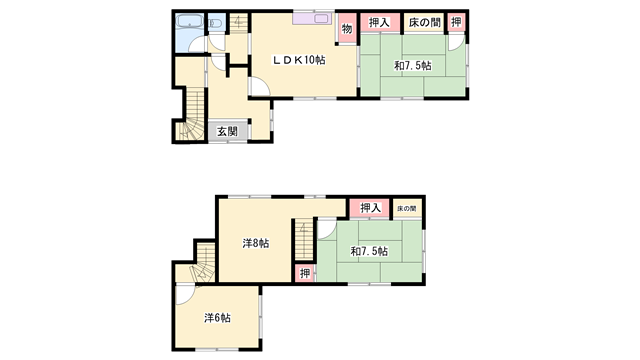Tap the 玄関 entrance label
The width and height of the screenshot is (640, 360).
(x=227, y=131)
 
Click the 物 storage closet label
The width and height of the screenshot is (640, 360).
(x=346, y=29)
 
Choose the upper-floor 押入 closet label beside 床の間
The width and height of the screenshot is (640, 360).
(x=379, y=23)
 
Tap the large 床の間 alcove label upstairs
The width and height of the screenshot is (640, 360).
(x=423, y=23)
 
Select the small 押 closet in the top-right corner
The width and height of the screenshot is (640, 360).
(x=456, y=23)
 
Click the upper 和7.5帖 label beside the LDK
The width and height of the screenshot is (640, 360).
(x=413, y=66)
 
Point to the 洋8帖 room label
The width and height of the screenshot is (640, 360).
(x=255, y=243)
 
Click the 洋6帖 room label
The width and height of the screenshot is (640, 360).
(x=217, y=318)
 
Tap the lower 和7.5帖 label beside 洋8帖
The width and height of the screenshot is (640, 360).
(x=369, y=249)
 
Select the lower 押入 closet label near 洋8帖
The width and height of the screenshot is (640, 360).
(x=370, y=208)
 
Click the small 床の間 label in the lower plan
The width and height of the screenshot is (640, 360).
(x=406, y=208)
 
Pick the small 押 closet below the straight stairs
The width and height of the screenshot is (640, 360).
(x=304, y=273)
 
